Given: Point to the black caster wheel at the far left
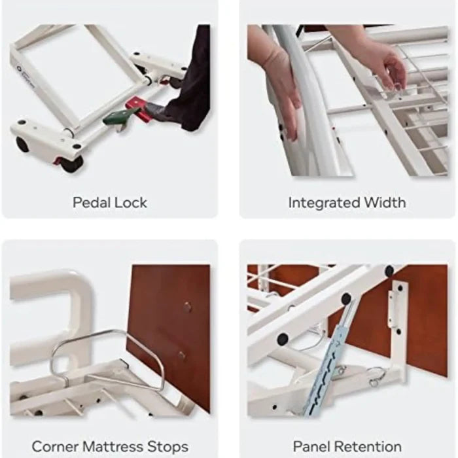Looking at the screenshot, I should [23, 145].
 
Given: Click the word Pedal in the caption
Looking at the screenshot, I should [92, 203].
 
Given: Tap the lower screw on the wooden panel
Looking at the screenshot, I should [181, 355].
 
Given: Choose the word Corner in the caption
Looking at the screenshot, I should [54, 447].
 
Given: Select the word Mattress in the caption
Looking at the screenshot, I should [112, 447].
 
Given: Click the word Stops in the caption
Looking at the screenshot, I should [167, 447].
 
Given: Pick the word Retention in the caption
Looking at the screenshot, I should [371, 447].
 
